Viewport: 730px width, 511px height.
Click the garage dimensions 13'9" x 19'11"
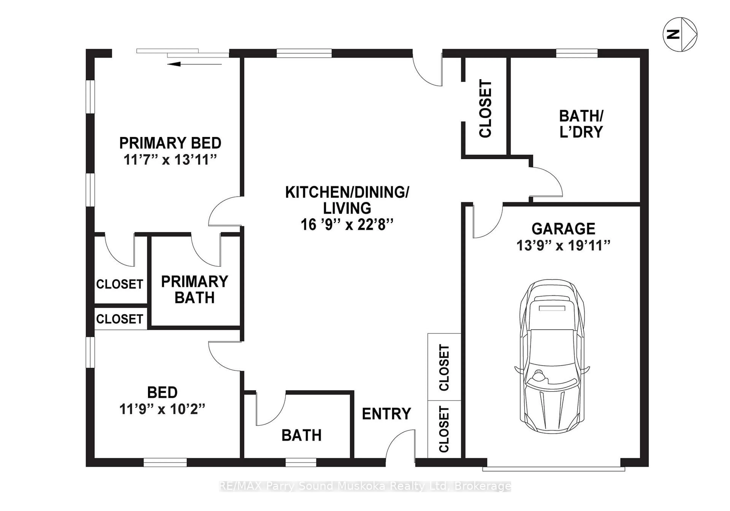[x=563, y=246]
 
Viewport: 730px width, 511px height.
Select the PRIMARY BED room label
[x=170, y=143]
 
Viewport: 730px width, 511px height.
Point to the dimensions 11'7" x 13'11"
[x=170, y=160]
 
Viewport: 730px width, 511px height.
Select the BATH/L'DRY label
[x=581, y=124]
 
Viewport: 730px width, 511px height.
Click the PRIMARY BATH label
[x=195, y=289]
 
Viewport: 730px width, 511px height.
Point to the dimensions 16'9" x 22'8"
[x=347, y=225]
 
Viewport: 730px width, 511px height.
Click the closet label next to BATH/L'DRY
[x=485, y=109]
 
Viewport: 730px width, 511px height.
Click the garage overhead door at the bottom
[x=553, y=469]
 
